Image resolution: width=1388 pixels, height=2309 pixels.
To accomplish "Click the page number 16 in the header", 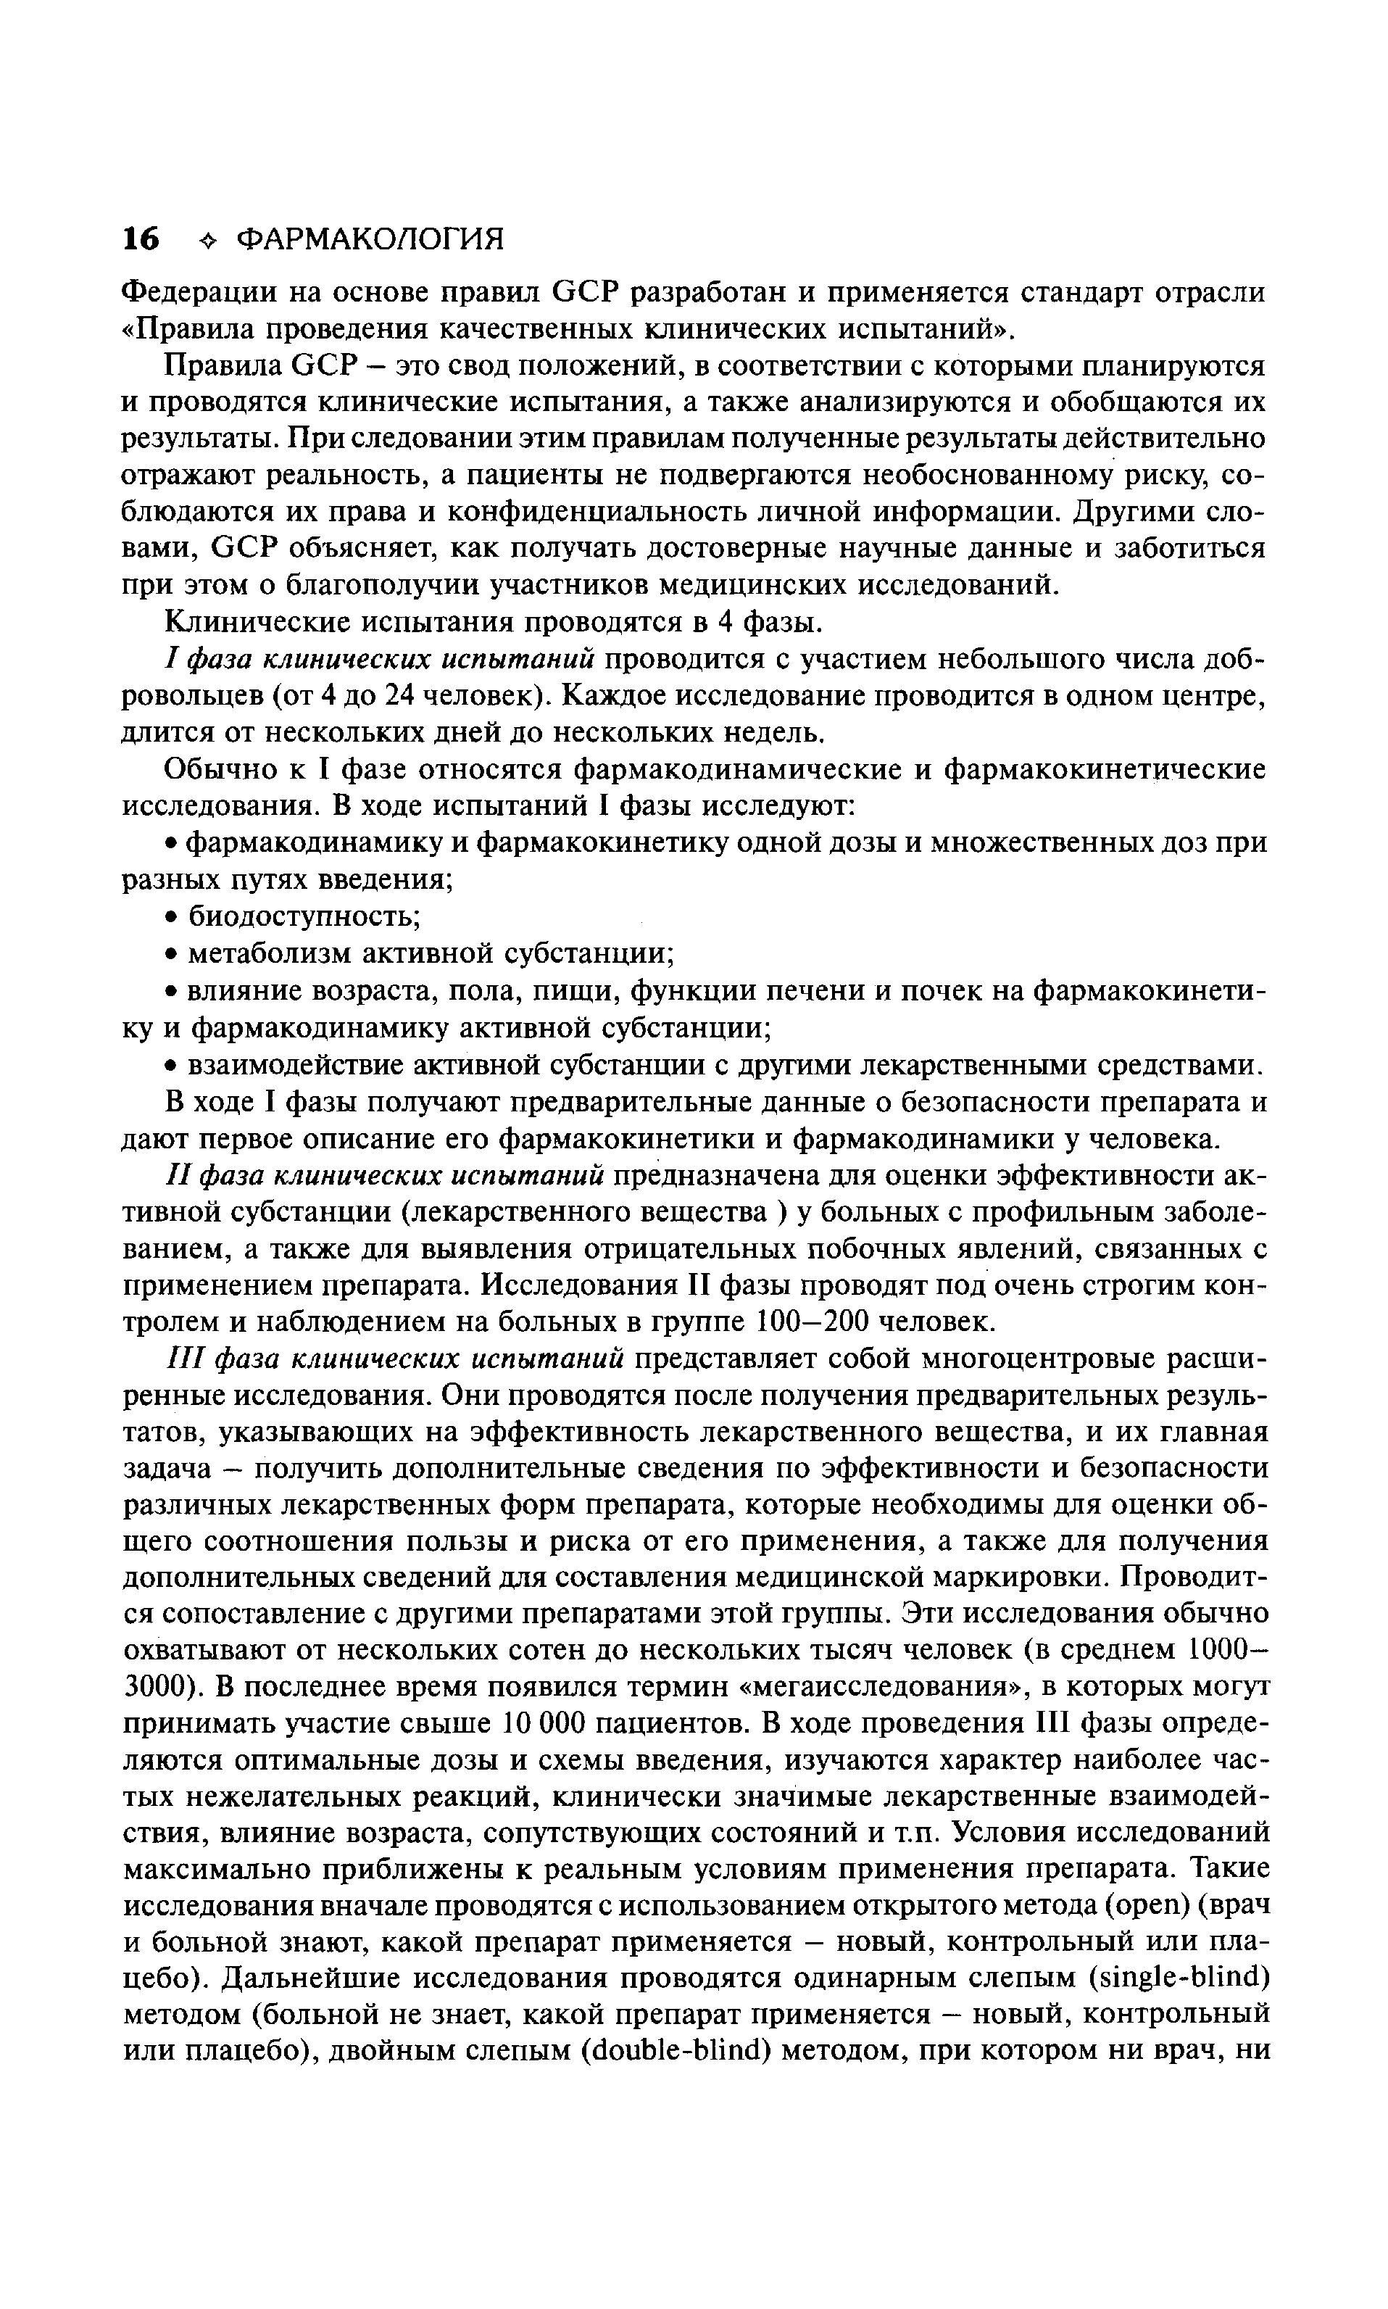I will click(141, 239).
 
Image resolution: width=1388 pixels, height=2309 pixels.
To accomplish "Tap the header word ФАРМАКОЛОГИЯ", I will click(370, 239).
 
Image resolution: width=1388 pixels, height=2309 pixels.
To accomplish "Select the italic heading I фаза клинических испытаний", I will click(380, 660).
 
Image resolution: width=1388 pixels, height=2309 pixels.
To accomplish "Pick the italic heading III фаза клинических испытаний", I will click(396, 1359).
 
